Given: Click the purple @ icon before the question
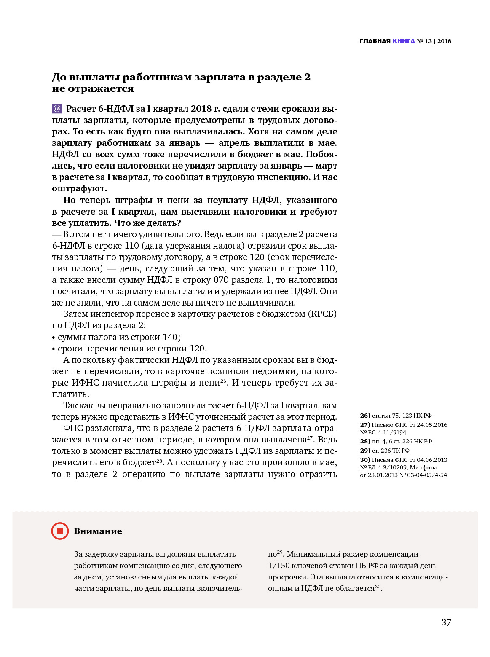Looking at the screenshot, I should (57, 109).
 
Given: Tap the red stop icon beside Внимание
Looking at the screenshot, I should (60, 531).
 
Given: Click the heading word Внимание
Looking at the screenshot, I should (98, 531).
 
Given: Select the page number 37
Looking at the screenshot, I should (446, 622).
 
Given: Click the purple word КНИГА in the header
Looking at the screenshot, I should (404, 41).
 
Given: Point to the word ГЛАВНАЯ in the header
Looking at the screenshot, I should (375, 41).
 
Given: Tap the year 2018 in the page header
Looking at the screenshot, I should (444, 41).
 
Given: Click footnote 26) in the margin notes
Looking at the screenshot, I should (365, 416).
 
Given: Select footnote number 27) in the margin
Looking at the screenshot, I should (365, 425).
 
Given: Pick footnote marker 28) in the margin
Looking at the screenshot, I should (365, 441).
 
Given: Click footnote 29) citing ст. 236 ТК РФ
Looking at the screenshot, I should (365, 451).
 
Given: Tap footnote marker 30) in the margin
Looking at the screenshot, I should (365, 460).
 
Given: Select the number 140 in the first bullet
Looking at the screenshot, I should (170, 337).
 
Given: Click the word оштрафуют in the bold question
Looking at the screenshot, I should (79, 188).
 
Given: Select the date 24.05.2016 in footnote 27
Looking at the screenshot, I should (432, 425).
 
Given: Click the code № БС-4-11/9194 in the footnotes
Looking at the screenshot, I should (383, 432).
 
